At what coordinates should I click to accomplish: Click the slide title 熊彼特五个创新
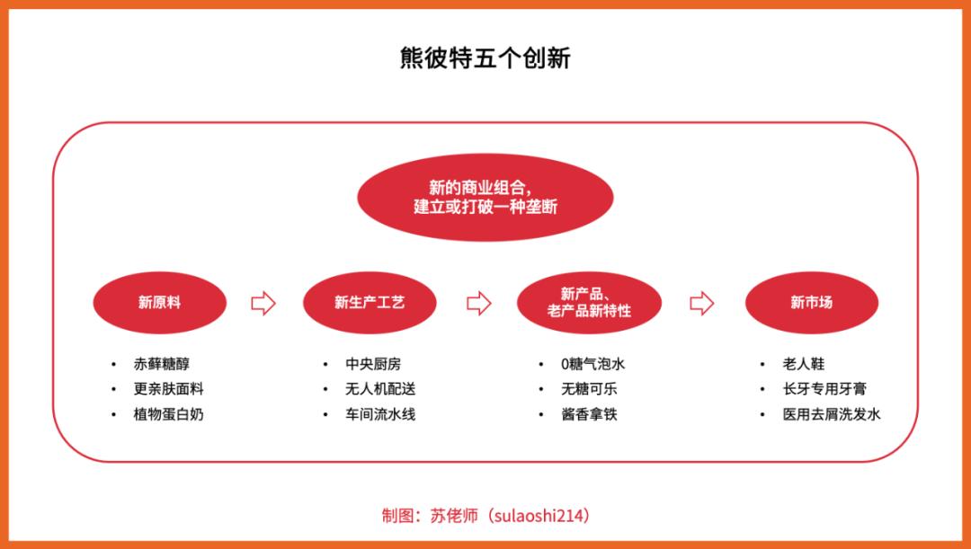(485, 58)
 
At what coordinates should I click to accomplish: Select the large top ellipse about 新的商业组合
(485, 198)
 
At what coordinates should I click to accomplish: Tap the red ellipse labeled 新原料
(160, 303)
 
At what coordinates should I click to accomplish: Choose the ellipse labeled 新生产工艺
(370, 303)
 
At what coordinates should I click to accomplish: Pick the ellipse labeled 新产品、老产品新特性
(589, 303)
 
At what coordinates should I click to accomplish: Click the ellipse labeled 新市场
(812, 303)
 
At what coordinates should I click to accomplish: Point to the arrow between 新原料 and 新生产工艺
(263, 304)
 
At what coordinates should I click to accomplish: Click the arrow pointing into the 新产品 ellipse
(478, 304)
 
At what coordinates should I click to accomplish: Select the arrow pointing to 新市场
(701, 304)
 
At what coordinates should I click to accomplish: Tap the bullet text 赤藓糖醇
(162, 364)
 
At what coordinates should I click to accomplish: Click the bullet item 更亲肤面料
(168, 389)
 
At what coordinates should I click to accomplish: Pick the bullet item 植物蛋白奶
(168, 414)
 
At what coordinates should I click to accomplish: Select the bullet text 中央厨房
(373, 364)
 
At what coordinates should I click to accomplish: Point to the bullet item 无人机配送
(380, 389)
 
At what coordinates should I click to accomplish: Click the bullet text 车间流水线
(380, 414)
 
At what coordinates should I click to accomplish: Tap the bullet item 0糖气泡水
(592, 364)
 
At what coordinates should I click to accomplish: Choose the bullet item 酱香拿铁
(589, 414)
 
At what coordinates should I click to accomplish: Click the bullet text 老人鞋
(804, 364)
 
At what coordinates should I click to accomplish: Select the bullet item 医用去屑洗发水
(831, 414)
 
